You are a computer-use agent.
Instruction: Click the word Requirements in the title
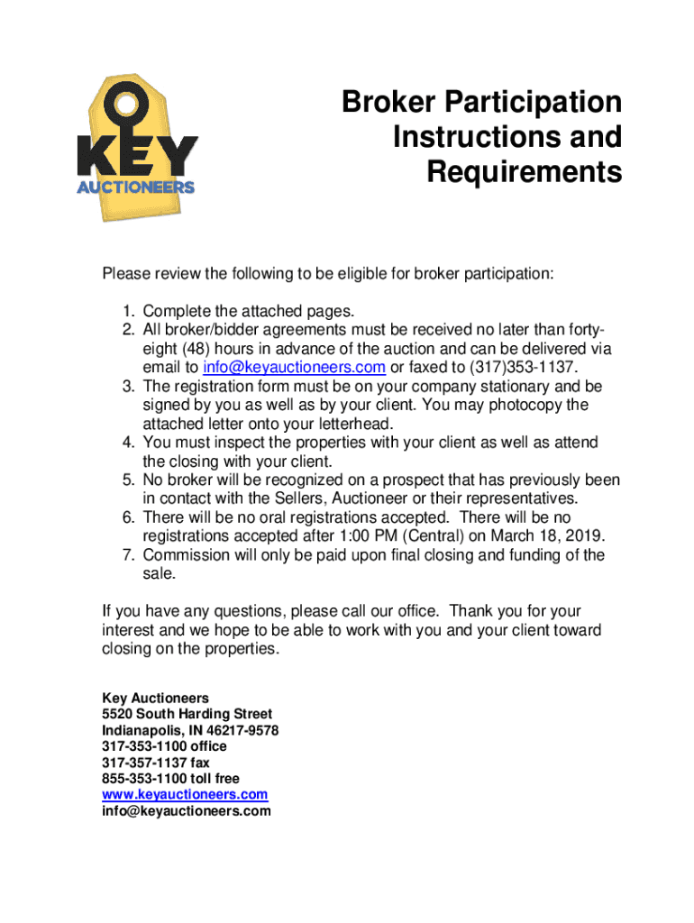[524, 171]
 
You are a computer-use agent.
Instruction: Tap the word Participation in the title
[532, 102]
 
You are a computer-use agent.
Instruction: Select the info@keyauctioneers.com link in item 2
[294, 367]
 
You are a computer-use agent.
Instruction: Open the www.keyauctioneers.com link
[185, 794]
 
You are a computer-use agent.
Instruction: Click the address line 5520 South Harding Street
[187, 714]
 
